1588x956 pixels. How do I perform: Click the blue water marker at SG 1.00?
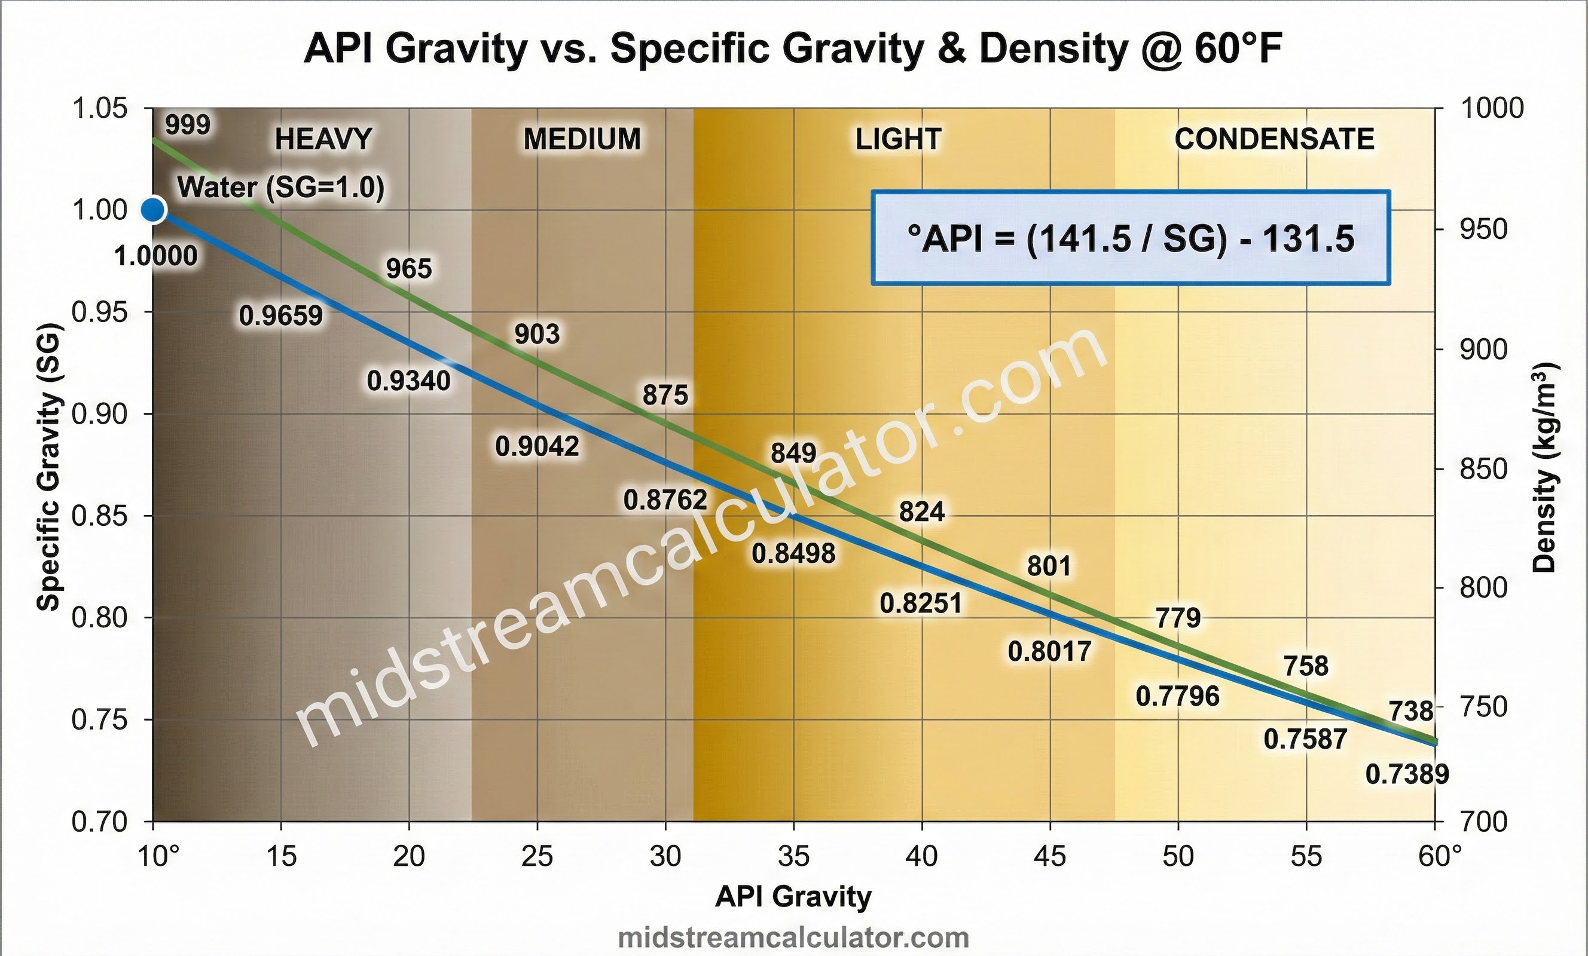(152, 209)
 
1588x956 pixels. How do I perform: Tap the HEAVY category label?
(323, 139)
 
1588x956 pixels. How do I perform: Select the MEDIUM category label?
(582, 139)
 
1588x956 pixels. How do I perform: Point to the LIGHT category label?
(899, 139)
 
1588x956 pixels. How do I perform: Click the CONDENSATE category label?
(1274, 139)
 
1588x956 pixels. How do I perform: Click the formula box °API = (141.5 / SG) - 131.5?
(1131, 238)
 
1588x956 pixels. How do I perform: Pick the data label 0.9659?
(281, 315)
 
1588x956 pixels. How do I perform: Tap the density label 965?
(408, 269)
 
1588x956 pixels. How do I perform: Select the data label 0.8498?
(793, 553)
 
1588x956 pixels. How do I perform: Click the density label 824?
(921, 512)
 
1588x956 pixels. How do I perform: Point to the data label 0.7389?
(1407, 774)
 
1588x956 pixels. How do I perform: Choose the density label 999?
(188, 124)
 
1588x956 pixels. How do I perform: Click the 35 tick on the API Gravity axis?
(793, 856)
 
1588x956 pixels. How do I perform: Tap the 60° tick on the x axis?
(1440, 856)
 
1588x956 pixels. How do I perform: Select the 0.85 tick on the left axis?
(99, 516)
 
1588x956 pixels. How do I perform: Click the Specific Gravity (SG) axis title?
(48, 467)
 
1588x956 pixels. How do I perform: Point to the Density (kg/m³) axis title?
(1544, 468)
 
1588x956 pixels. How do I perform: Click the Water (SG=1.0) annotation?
(280, 188)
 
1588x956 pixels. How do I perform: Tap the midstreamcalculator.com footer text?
(793, 938)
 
